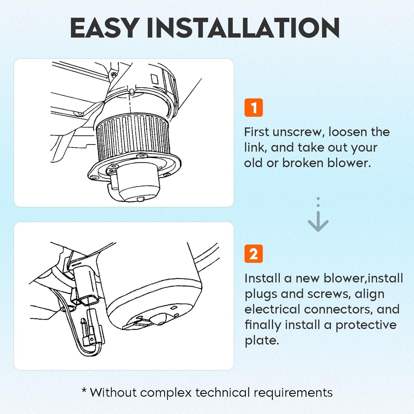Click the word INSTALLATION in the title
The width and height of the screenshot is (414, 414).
pos(243,28)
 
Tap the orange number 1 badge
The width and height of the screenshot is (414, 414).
pos(253,108)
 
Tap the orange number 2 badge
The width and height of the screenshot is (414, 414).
pos(253,254)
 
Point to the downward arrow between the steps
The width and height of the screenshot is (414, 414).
pos(318,215)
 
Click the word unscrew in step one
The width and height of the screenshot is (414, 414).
pos(297,132)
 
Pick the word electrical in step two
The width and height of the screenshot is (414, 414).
pos(272,309)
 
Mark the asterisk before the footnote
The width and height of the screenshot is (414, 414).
pos(84,390)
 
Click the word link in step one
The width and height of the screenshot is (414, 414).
pos(254,148)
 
